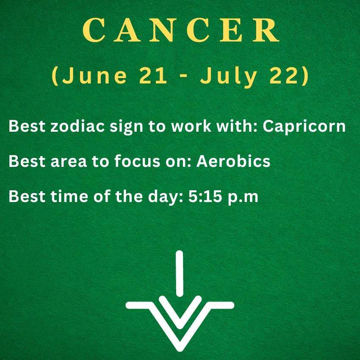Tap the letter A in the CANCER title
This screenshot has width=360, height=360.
127,30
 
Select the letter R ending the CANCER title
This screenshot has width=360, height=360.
266,30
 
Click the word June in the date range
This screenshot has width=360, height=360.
94,75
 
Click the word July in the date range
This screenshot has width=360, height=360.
229,77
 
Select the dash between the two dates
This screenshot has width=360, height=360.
183,77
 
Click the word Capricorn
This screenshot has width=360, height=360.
304,127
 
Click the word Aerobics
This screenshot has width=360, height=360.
233,161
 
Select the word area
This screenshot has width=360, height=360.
69,162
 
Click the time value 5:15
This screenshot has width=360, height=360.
205,196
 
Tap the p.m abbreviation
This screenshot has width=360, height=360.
243,198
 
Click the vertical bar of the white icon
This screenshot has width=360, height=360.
180,274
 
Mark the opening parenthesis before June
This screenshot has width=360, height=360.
55,76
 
